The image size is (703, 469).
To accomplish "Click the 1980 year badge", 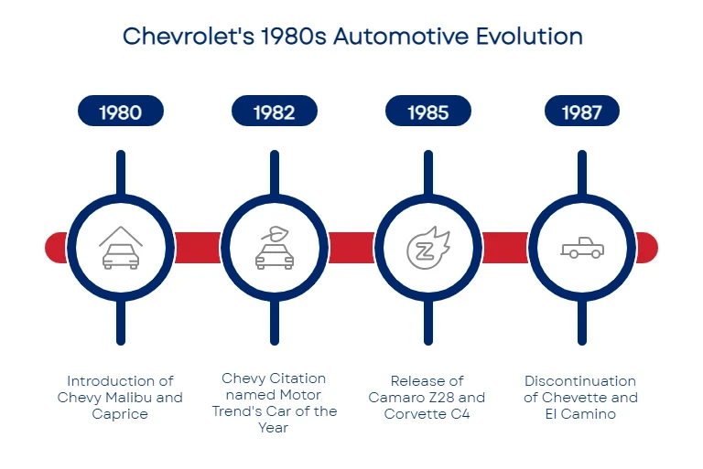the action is [x=121, y=111].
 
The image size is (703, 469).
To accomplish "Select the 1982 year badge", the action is [x=275, y=111].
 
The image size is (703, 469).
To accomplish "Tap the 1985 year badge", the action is [x=428, y=111].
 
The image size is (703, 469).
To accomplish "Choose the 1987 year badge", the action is [x=582, y=111].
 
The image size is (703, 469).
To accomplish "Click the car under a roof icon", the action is [x=121, y=248].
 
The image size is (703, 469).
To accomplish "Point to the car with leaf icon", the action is [x=275, y=248].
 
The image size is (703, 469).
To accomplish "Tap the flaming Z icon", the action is [x=428, y=248].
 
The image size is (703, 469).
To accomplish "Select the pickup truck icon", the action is [x=582, y=248].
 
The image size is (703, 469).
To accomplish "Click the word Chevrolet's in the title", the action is [x=189, y=37].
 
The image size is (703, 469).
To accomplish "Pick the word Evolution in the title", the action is [x=529, y=37].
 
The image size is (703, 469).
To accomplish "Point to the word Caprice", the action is [x=120, y=414].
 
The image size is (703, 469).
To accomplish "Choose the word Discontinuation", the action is [x=580, y=381].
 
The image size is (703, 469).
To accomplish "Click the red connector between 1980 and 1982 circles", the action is [x=198, y=248].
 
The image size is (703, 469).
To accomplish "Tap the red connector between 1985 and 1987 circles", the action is [x=505, y=248].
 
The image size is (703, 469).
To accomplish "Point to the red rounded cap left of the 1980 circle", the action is [x=56, y=248].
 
